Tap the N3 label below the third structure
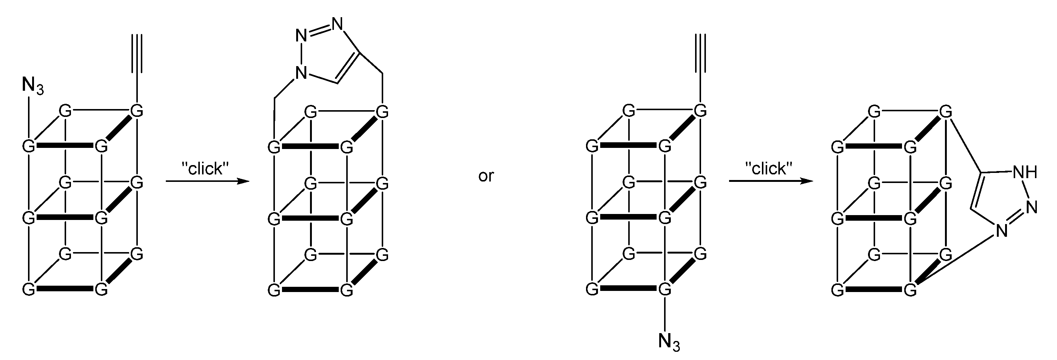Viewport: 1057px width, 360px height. coord(669,342)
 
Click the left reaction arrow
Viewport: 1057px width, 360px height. coord(207,181)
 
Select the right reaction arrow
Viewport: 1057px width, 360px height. coord(771,181)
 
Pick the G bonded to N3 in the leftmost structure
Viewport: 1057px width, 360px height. coord(28,146)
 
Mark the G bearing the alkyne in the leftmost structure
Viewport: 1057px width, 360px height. coord(137,111)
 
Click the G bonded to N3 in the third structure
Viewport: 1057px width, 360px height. coord(664,289)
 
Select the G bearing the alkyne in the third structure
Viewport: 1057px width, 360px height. coord(700,111)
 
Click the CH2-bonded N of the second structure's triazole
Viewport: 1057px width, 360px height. coord(301,73)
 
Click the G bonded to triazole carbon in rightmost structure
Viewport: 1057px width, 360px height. coord(945,111)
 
